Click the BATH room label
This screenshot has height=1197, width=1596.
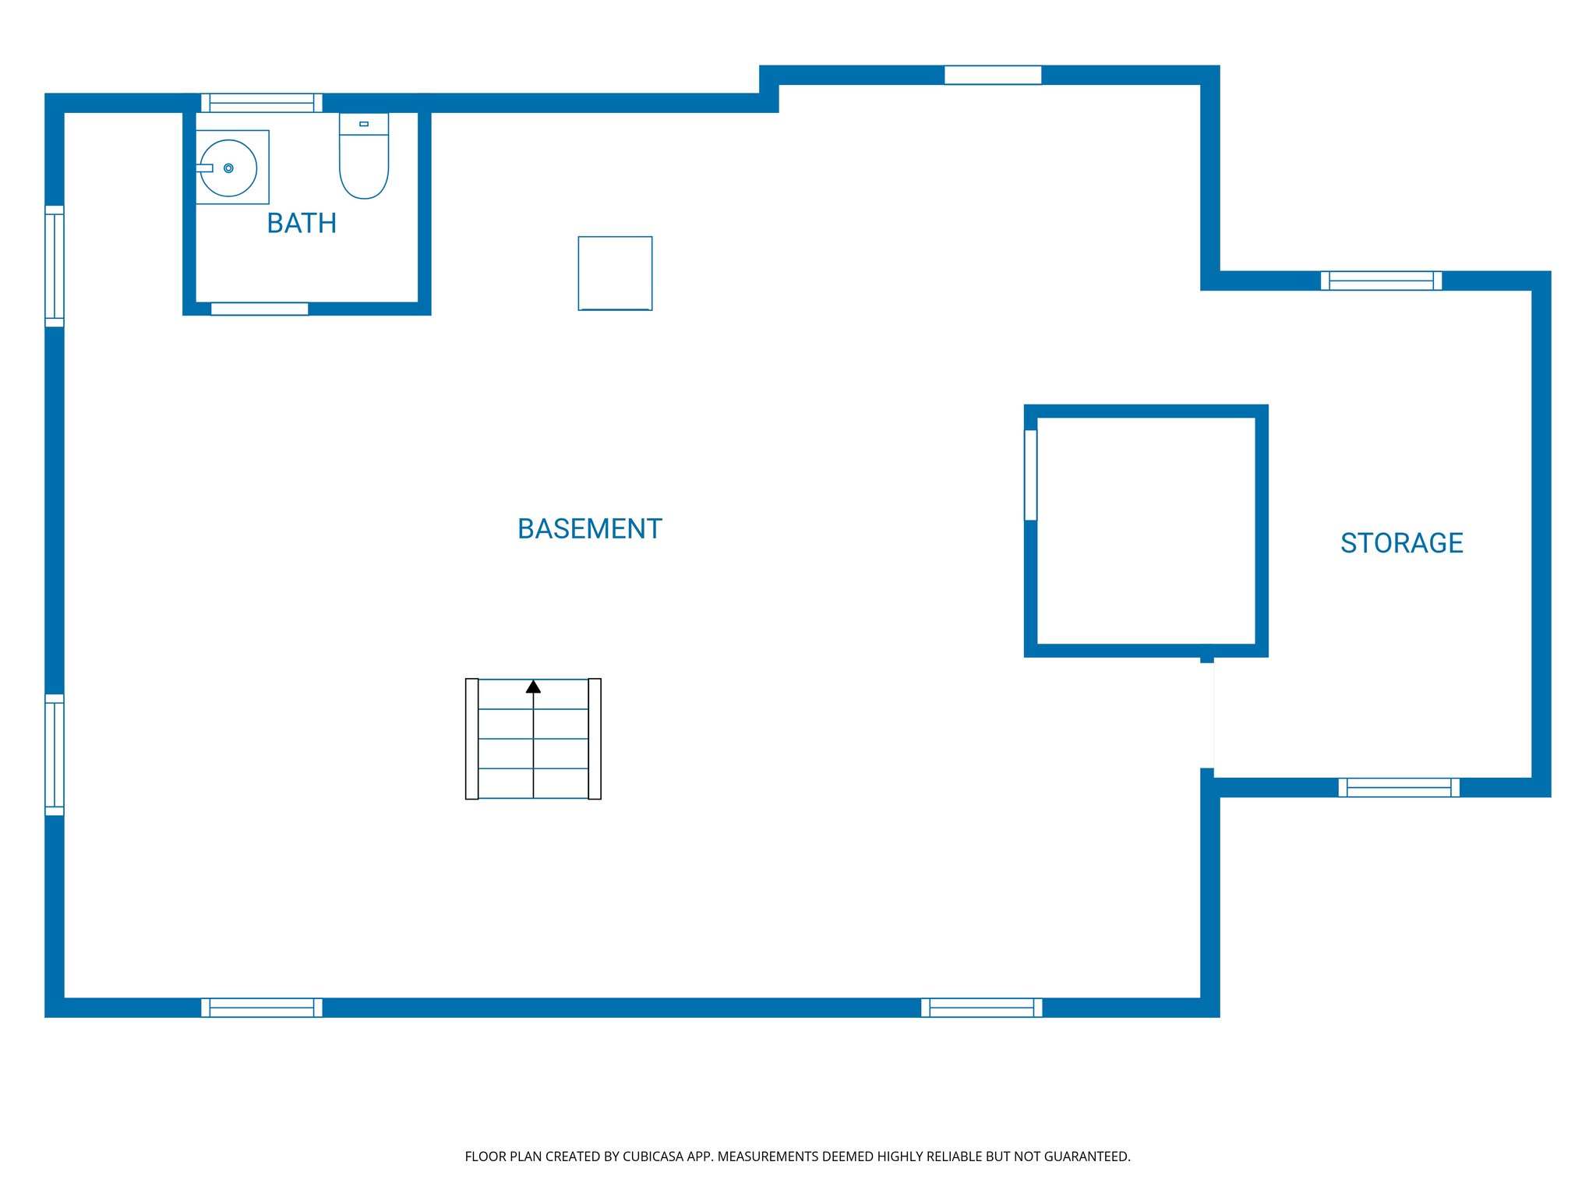(302, 224)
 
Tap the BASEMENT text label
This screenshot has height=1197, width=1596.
(590, 529)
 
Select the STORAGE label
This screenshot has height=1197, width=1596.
(1401, 543)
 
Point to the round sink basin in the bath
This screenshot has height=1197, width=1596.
(228, 168)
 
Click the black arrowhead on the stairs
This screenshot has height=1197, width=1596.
(533, 687)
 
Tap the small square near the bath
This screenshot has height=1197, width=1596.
(615, 274)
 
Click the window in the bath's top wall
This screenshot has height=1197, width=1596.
(262, 103)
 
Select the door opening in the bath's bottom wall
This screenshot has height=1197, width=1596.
(260, 309)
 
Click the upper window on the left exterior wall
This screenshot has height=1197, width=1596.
(55, 266)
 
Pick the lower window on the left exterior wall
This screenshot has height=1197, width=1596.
(55, 754)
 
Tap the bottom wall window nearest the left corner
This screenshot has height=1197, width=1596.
(262, 1008)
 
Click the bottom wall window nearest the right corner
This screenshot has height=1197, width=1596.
(982, 1008)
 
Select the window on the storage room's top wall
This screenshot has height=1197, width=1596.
(1381, 281)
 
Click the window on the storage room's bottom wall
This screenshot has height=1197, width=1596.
(1399, 787)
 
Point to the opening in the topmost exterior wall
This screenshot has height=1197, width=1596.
(993, 75)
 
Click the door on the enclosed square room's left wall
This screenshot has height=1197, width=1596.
(1030, 475)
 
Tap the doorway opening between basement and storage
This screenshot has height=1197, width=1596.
(1207, 715)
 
